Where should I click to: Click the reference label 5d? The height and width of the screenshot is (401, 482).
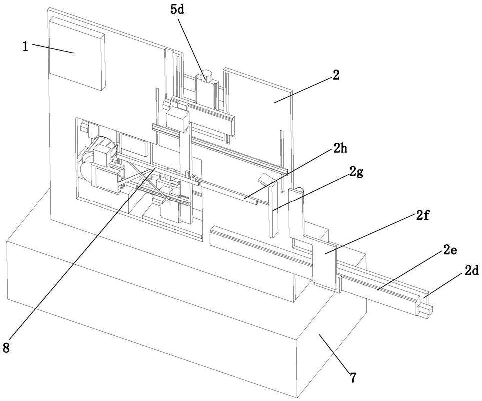coord(177,9)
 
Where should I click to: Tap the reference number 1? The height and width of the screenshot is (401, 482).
coord(26,47)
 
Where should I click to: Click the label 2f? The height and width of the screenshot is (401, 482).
coord(423,217)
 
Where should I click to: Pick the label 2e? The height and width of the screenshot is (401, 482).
coord(450,251)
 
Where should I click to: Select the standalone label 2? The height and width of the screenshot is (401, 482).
coord(336,75)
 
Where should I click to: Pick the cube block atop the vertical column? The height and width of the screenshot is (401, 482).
coord(177,119)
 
